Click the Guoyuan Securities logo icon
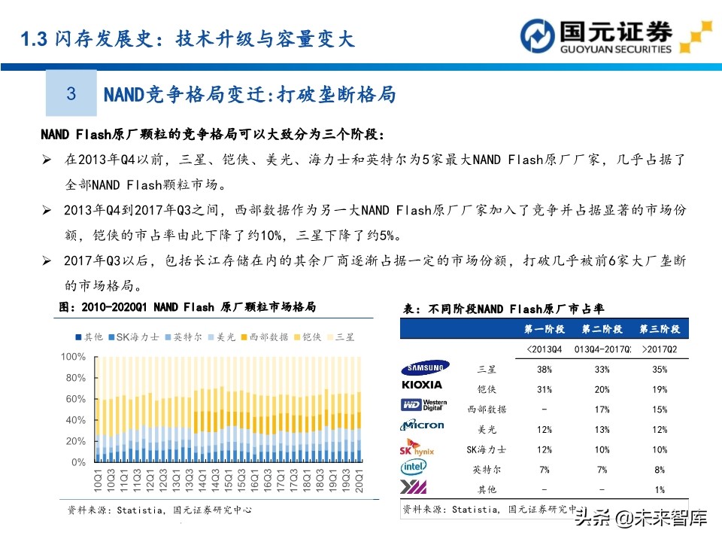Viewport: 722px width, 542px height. [538, 36]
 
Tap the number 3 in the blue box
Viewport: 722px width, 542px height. [71, 93]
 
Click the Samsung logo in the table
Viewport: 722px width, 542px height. [425, 368]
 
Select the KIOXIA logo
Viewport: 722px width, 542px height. [422, 385]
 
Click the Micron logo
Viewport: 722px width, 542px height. [423, 425]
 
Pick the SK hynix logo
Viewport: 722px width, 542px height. [417, 447]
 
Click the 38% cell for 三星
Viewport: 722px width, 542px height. [545, 370]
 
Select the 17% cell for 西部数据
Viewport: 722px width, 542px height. [602, 410]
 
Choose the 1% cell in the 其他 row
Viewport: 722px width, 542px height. [660, 489]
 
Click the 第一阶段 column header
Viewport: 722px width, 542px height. [545, 330]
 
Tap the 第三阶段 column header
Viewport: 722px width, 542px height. [660, 330]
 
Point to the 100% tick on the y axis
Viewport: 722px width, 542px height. [73, 356]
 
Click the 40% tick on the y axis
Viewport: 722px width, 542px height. [76, 420]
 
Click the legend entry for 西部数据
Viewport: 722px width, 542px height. [262, 336]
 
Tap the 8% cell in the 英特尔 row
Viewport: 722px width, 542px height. [660, 470]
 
